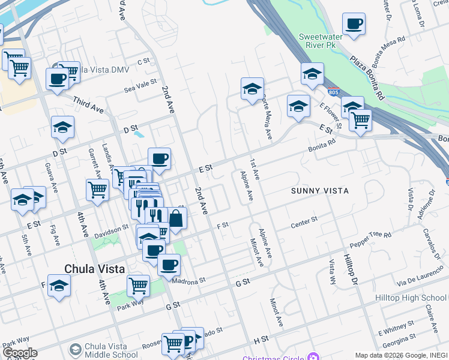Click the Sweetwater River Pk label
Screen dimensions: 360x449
pos(321,41)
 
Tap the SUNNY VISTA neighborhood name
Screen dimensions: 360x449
pos(320,191)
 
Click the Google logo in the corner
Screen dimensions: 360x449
pos(19,353)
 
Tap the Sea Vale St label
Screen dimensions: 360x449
pos(140,85)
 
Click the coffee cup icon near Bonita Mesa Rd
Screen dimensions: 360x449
pos(354,24)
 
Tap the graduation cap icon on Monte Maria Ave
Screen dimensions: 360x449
pos(253,89)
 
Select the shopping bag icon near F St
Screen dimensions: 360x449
pos(176,219)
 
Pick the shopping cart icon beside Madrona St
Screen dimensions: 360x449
pos(138,286)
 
